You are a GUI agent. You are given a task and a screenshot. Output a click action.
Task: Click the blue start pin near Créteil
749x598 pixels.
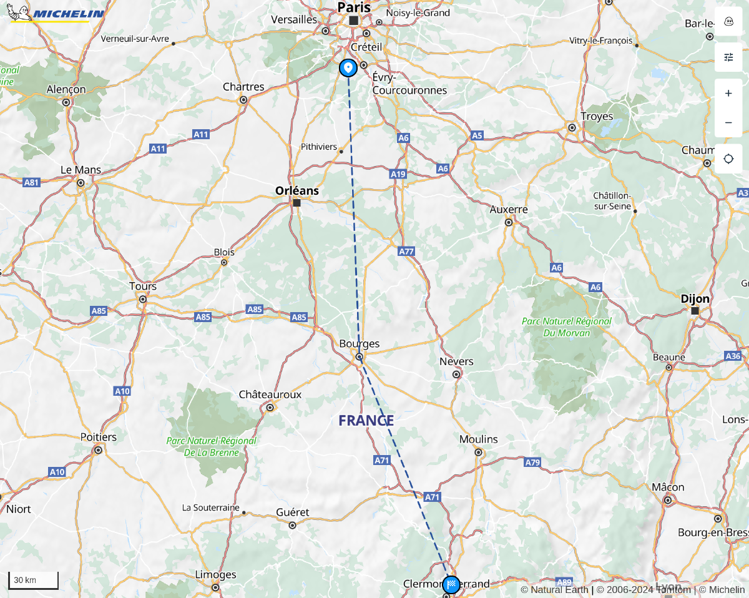tap(348, 68)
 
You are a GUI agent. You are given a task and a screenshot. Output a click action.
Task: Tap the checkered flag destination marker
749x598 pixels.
tap(451, 586)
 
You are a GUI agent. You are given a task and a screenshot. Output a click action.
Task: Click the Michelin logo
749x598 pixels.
tap(56, 13)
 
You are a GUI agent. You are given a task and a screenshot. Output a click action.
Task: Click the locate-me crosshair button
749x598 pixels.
tap(728, 159)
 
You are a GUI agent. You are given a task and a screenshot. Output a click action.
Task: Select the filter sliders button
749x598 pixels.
tap(728, 57)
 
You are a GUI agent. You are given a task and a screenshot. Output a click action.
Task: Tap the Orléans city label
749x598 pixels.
tap(297, 191)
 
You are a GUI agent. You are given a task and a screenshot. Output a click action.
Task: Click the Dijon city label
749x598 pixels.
tap(695, 299)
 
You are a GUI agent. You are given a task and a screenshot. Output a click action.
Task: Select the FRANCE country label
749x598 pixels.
tap(366, 421)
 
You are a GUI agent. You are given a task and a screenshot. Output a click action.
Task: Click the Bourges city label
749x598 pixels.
tap(360, 344)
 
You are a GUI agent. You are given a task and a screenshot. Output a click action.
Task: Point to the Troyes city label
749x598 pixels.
tap(597, 116)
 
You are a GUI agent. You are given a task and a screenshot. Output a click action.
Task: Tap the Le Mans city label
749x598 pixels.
tap(81, 170)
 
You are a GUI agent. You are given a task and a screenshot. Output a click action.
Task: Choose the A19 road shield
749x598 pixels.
tap(398, 174)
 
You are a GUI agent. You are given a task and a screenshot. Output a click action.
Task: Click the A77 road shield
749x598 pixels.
tap(406, 251)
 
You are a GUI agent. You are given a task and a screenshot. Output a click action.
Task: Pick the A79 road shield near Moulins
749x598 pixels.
tap(532, 463)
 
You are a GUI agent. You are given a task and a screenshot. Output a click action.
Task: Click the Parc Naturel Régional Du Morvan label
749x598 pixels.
tap(567, 327)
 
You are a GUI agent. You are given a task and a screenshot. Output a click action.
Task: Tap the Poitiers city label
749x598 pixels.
tap(99, 437)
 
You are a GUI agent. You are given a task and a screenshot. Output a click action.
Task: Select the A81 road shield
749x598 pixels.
tap(31, 182)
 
